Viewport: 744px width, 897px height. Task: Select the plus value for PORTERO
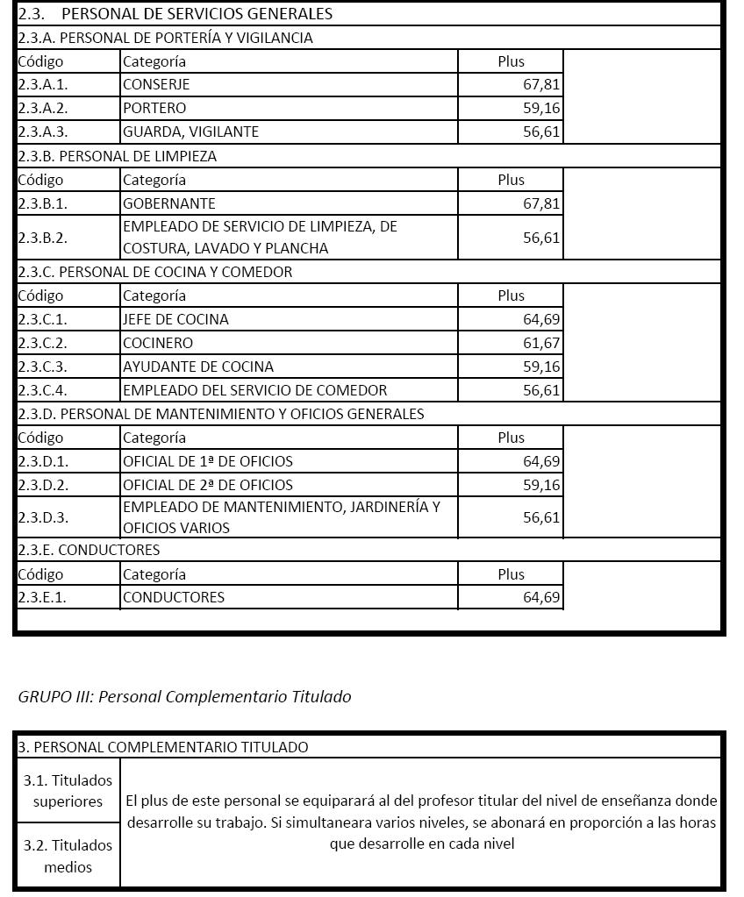coord(541,109)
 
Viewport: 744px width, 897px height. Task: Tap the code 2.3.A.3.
coord(43,132)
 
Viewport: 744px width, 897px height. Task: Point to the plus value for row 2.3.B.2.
coord(541,238)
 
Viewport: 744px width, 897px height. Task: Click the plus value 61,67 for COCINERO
coord(541,343)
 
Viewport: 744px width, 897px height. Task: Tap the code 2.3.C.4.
coord(43,390)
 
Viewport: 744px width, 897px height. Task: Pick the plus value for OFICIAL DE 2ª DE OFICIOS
coord(541,485)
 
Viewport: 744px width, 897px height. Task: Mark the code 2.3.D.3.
coord(43,517)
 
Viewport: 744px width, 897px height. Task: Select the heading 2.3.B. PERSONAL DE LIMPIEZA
coord(117,156)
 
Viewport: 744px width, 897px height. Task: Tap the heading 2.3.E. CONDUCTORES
coord(89,550)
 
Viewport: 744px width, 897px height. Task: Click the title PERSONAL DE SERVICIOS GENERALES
coord(197,14)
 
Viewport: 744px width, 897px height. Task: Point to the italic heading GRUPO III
coord(184,696)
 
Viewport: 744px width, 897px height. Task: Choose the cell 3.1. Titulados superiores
coord(68,790)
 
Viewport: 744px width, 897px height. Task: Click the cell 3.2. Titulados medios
coord(68,856)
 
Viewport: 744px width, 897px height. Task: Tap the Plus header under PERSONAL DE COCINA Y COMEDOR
coord(511,295)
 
